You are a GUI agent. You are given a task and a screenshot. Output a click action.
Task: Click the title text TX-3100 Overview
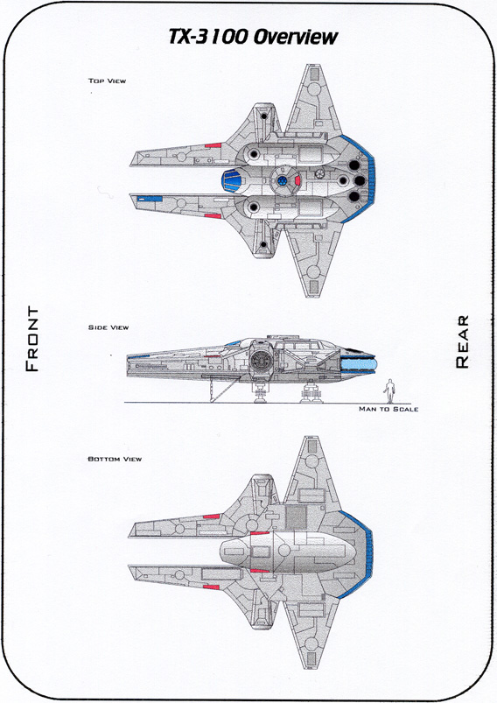click(x=253, y=37)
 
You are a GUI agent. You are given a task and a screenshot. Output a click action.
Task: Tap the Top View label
click(x=107, y=81)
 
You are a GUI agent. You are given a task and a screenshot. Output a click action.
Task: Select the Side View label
click(x=108, y=327)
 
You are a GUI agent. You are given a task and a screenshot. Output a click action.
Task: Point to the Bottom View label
click(x=115, y=459)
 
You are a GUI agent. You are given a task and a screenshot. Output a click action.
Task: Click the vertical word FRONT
click(x=32, y=339)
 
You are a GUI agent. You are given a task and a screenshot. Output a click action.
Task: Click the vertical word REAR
click(x=462, y=341)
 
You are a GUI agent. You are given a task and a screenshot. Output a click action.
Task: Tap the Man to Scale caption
click(x=388, y=409)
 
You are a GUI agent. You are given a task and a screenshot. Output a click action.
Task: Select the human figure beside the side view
click(x=390, y=391)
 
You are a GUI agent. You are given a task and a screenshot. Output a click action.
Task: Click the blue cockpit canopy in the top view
click(x=231, y=181)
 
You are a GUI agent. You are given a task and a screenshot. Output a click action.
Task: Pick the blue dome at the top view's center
click(x=282, y=180)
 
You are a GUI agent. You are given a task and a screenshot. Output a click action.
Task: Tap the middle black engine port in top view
click(x=360, y=180)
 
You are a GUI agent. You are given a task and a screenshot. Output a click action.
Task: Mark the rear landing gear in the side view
click(x=311, y=391)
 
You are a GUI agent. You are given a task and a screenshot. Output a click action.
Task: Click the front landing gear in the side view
click(x=260, y=392)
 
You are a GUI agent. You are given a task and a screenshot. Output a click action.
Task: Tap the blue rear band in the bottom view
click(x=364, y=554)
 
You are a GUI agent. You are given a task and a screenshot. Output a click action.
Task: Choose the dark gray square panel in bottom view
click(x=296, y=517)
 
